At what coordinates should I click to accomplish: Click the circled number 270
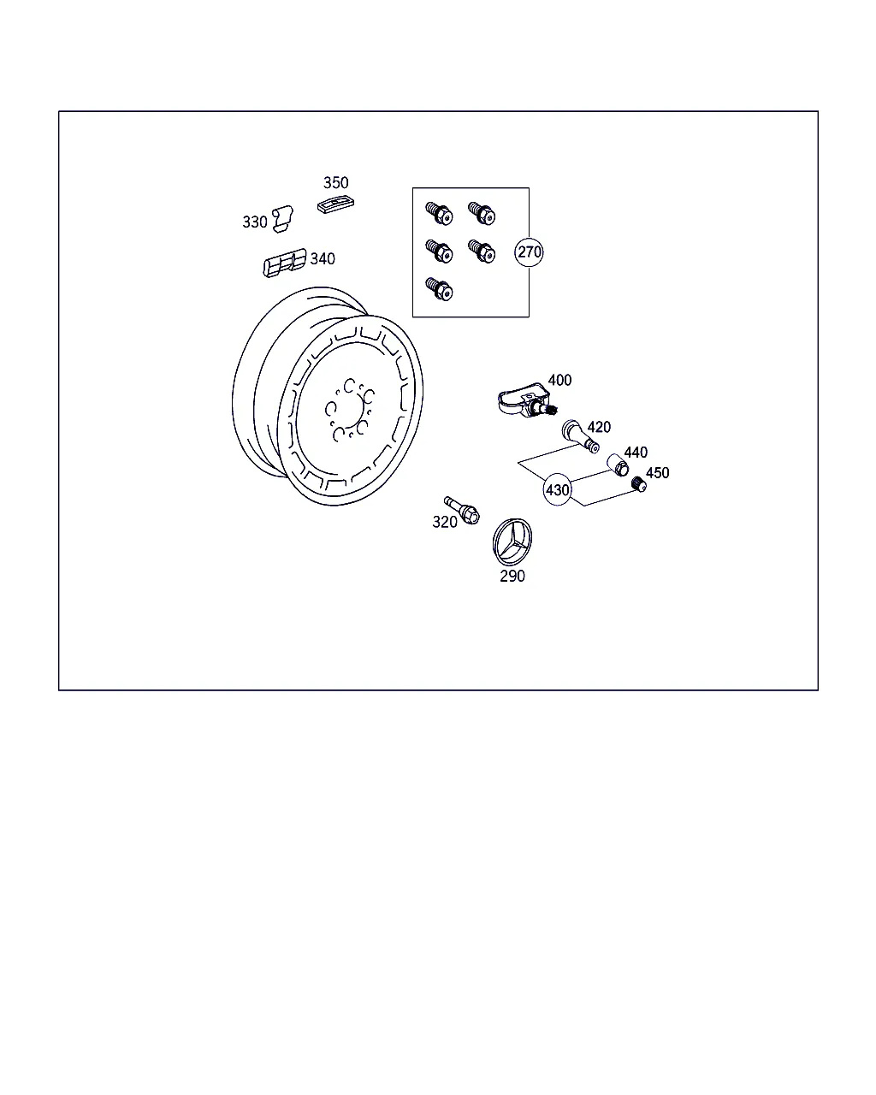pyautogui.click(x=529, y=252)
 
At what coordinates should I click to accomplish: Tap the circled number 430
pyautogui.click(x=558, y=489)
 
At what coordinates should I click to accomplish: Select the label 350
pyautogui.click(x=336, y=183)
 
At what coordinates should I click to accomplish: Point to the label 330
pyautogui.click(x=255, y=222)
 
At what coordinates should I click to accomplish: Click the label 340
pyautogui.click(x=323, y=259)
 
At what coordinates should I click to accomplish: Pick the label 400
pyautogui.click(x=559, y=380)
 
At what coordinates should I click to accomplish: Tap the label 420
pyautogui.click(x=599, y=427)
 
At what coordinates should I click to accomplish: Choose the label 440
pyautogui.click(x=636, y=453)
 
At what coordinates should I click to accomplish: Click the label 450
pyautogui.click(x=657, y=473)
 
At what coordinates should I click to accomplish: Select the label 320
pyautogui.click(x=444, y=522)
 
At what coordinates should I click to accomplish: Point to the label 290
pyautogui.click(x=512, y=576)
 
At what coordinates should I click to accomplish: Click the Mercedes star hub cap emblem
pyautogui.click(x=512, y=542)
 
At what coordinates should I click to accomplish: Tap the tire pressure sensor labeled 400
pyautogui.click(x=526, y=401)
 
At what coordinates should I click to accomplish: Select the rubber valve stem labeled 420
pyautogui.click(x=580, y=436)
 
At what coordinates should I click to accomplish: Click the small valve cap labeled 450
pyautogui.click(x=639, y=484)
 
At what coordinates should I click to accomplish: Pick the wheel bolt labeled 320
pyautogui.click(x=462, y=511)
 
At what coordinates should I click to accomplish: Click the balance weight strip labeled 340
pyautogui.click(x=285, y=263)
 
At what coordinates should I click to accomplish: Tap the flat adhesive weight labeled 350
pyautogui.click(x=335, y=205)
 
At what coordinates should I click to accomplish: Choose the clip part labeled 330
pyautogui.click(x=282, y=219)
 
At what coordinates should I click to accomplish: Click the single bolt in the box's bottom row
pyautogui.click(x=439, y=289)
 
